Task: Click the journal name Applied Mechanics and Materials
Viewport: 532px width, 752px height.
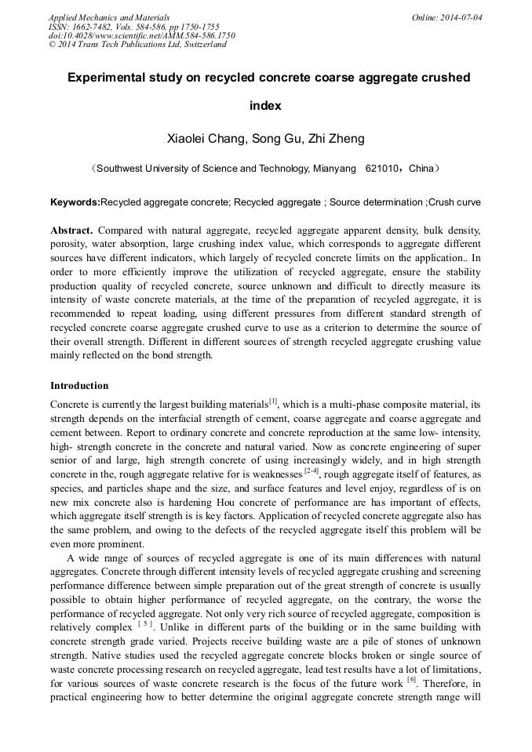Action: click(109, 17)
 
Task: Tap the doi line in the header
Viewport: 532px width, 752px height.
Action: click(141, 35)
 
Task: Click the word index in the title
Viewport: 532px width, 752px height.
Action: click(265, 106)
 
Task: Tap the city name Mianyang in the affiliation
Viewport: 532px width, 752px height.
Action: click(333, 169)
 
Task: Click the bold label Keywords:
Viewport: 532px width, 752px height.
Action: click(75, 202)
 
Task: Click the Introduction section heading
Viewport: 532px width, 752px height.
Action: click(79, 386)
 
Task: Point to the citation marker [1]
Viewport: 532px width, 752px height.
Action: click(273, 401)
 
